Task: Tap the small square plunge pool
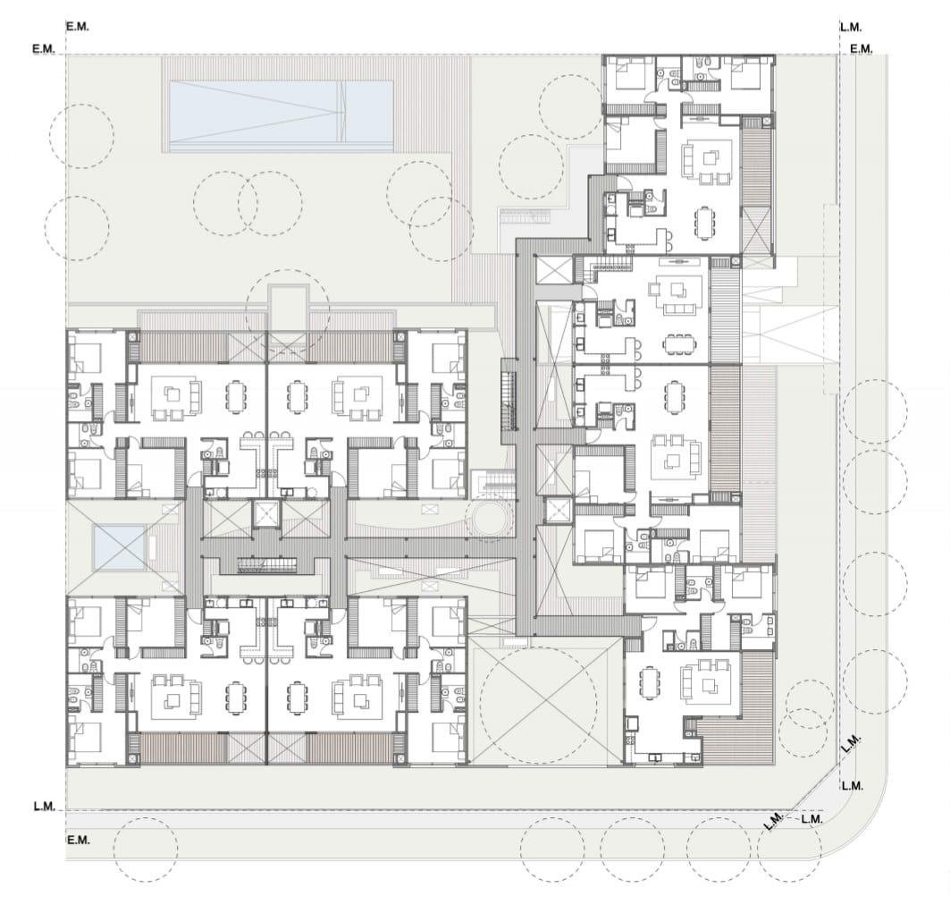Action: [119, 548]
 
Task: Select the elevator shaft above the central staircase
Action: [265, 514]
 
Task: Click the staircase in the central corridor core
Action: [266, 566]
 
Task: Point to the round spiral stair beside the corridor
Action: [488, 519]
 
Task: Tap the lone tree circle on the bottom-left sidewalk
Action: [146, 850]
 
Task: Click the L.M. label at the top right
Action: [851, 28]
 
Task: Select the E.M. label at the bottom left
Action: [78, 841]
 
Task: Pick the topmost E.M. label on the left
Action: [78, 28]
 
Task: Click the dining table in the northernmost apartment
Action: [703, 222]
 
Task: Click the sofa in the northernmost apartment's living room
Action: [688, 159]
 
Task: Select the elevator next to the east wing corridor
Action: [558, 511]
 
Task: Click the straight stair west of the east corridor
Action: [509, 394]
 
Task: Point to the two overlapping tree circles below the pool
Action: [248, 203]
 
